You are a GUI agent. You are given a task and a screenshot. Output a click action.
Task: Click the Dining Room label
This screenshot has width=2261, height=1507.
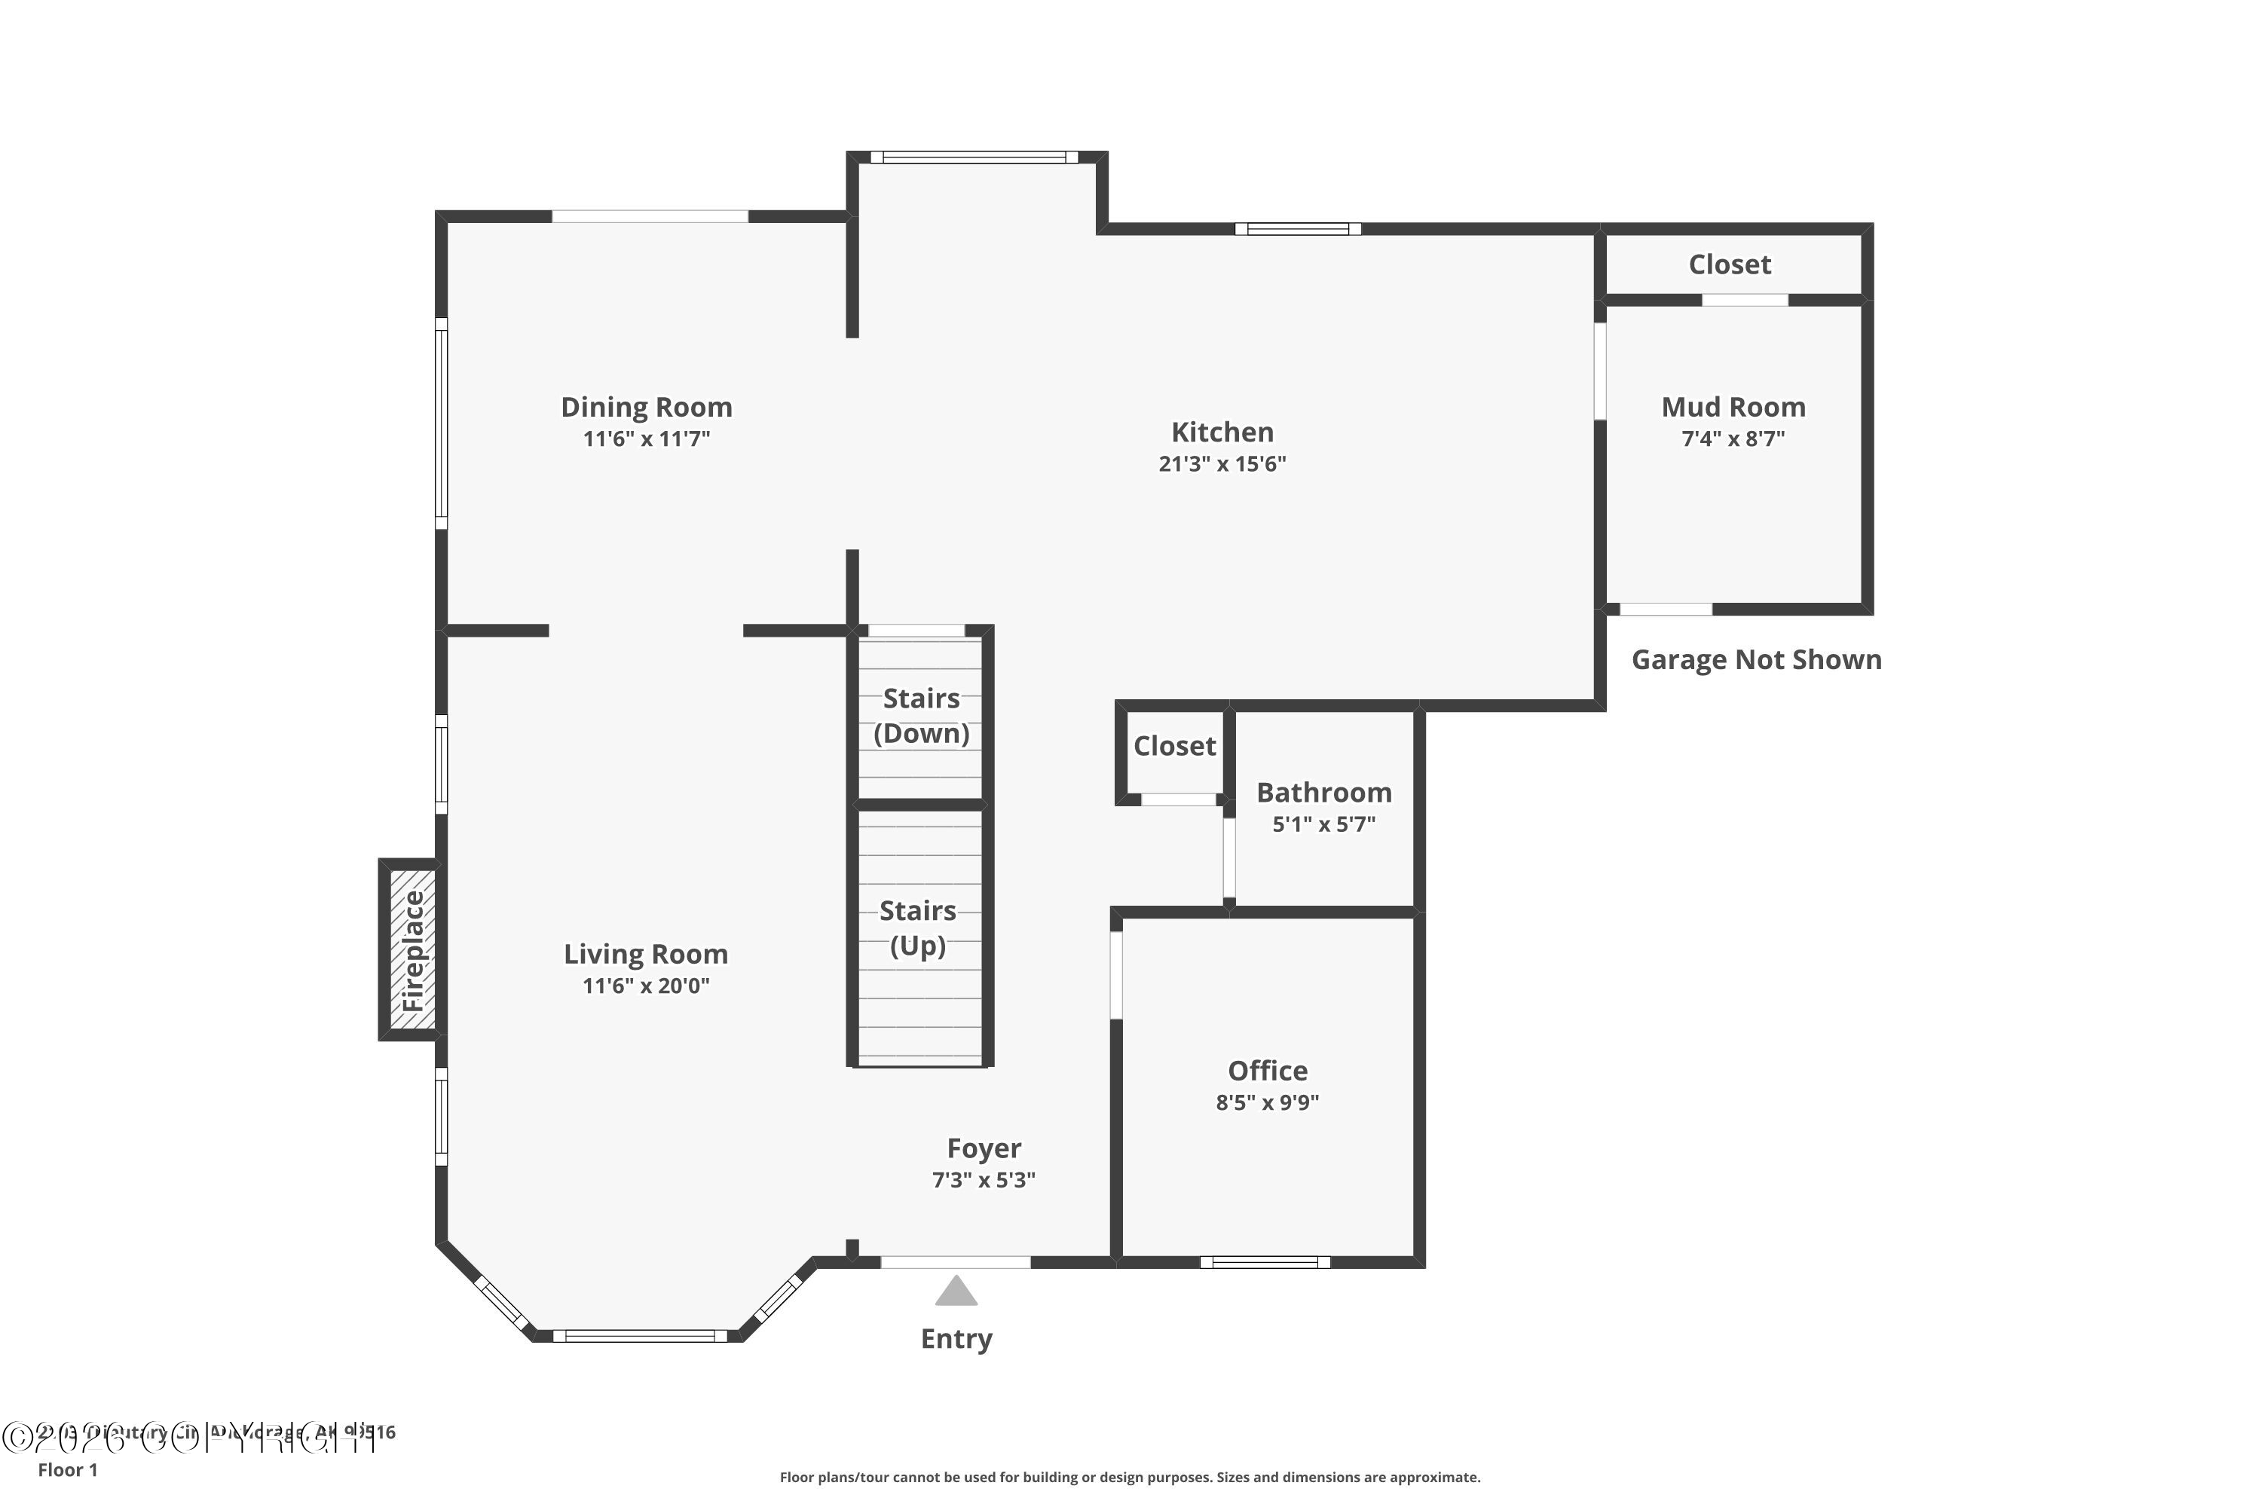[x=646, y=408]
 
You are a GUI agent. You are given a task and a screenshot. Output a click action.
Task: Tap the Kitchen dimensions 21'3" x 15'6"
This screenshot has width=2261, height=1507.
[x=1222, y=464]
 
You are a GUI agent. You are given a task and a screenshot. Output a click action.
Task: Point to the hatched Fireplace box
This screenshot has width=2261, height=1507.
[x=412, y=949]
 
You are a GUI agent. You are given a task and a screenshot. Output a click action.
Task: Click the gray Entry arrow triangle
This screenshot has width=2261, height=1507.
[x=956, y=1291]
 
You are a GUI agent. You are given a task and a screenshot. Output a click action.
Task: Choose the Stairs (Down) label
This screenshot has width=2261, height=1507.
[x=920, y=716]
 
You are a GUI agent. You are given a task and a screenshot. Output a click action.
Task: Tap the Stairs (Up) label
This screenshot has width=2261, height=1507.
[x=917, y=928]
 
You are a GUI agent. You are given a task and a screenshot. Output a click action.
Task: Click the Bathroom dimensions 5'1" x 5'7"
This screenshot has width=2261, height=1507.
[x=1323, y=824]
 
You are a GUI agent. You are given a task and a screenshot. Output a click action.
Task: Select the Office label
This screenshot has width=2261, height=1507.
[x=1267, y=1071]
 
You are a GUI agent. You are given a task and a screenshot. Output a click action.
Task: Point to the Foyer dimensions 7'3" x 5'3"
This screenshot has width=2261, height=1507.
[x=983, y=1180]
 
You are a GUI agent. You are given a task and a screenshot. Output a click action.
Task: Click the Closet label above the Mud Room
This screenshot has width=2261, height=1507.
[x=1730, y=264]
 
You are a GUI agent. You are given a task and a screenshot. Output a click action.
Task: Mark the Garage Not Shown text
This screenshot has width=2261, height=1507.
[x=1755, y=660]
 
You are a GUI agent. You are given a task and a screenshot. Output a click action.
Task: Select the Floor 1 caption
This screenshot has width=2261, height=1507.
[x=67, y=1469]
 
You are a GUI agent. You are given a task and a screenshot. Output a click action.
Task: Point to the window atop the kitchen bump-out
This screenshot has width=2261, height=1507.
[x=974, y=157]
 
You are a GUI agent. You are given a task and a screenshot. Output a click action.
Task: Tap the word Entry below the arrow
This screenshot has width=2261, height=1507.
[x=956, y=1339]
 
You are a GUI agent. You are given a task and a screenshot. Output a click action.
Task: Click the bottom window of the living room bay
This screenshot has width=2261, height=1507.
[x=639, y=1335]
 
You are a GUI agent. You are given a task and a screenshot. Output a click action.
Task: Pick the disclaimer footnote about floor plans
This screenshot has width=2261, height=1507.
[x=1130, y=1477]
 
